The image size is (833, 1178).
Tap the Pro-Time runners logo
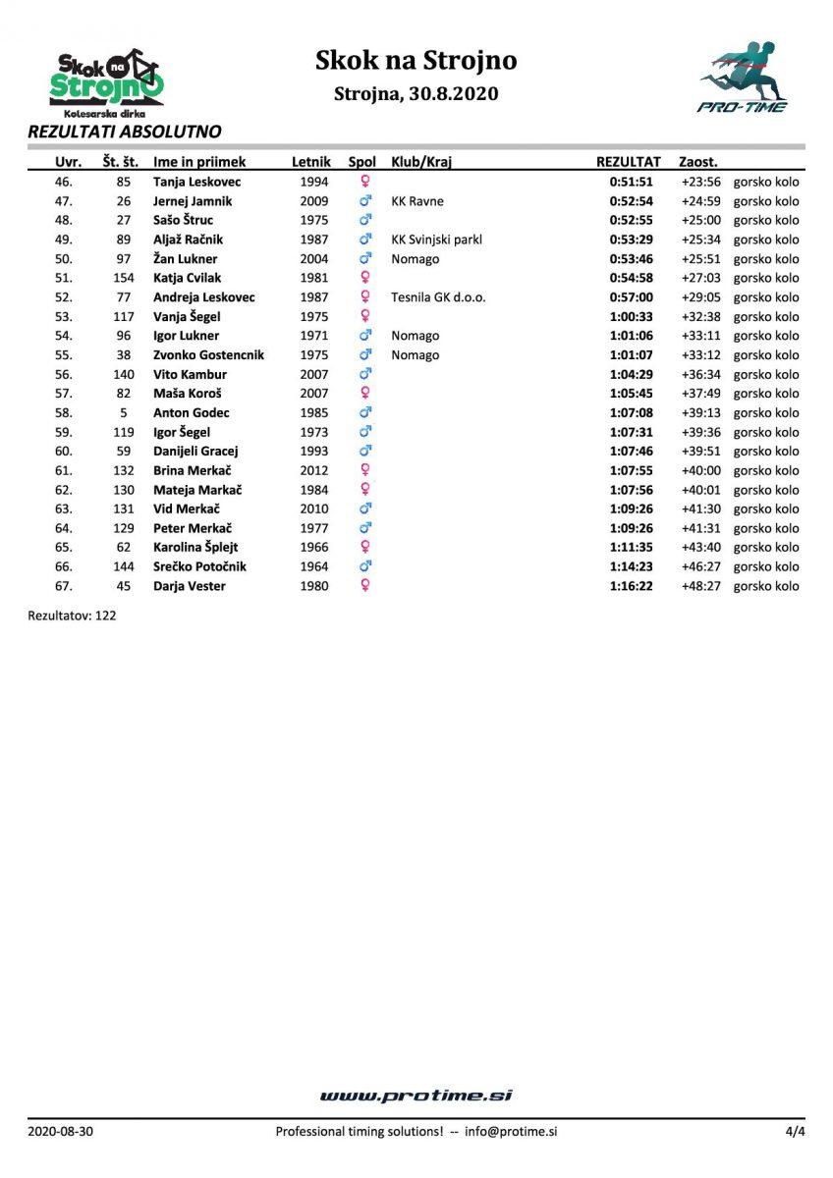pyautogui.click(x=743, y=77)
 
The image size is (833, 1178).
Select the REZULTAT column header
pyautogui.click(x=629, y=161)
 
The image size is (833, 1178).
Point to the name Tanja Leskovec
pyautogui.click(x=197, y=182)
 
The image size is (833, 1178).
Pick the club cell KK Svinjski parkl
pyautogui.click(x=436, y=240)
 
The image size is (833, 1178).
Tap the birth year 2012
pyautogui.click(x=313, y=470)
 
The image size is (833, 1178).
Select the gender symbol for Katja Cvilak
pyautogui.click(x=365, y=278)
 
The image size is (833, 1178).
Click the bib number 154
pyautogui.click(x=124, y=278)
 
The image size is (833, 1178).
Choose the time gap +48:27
pyautogui.click(x=700, y=586)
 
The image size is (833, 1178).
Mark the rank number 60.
pyautogui.click(x=64, y=452)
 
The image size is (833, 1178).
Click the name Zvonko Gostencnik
pyautogui.click(x=208, y=355)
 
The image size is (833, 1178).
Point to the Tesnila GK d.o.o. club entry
pyautogui.click(x=438, y=297)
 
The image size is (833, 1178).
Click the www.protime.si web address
pyautogui.click(x=416, y=1096)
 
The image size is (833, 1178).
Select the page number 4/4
pyautogui.click(x=795, y=1132)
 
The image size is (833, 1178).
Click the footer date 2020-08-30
pyautogui.click(x=61, y=1132)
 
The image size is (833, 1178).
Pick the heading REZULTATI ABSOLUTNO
pyautogui.click(x=125, y=132)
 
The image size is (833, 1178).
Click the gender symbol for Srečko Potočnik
pyautogui.click(x=365, y=566)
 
